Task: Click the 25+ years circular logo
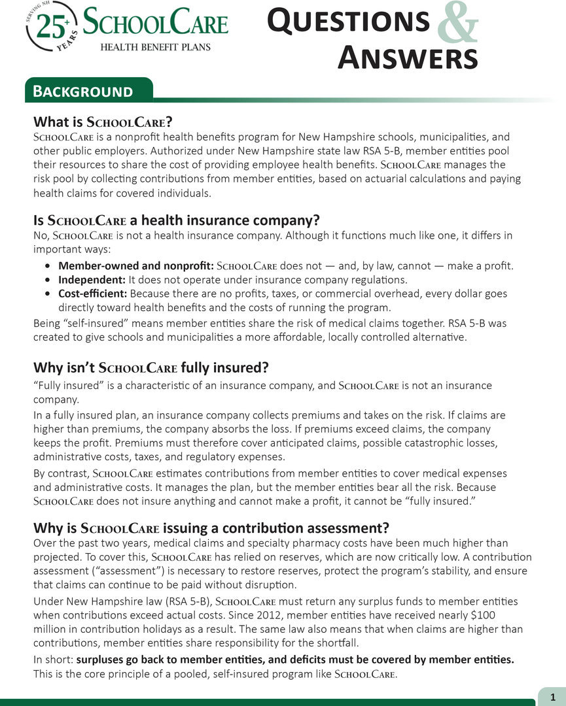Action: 52,26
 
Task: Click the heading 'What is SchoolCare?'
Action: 103,122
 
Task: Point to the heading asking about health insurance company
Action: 176,220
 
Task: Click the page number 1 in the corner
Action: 553,696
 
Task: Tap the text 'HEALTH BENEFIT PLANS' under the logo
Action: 155,46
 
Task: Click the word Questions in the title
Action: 349,21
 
